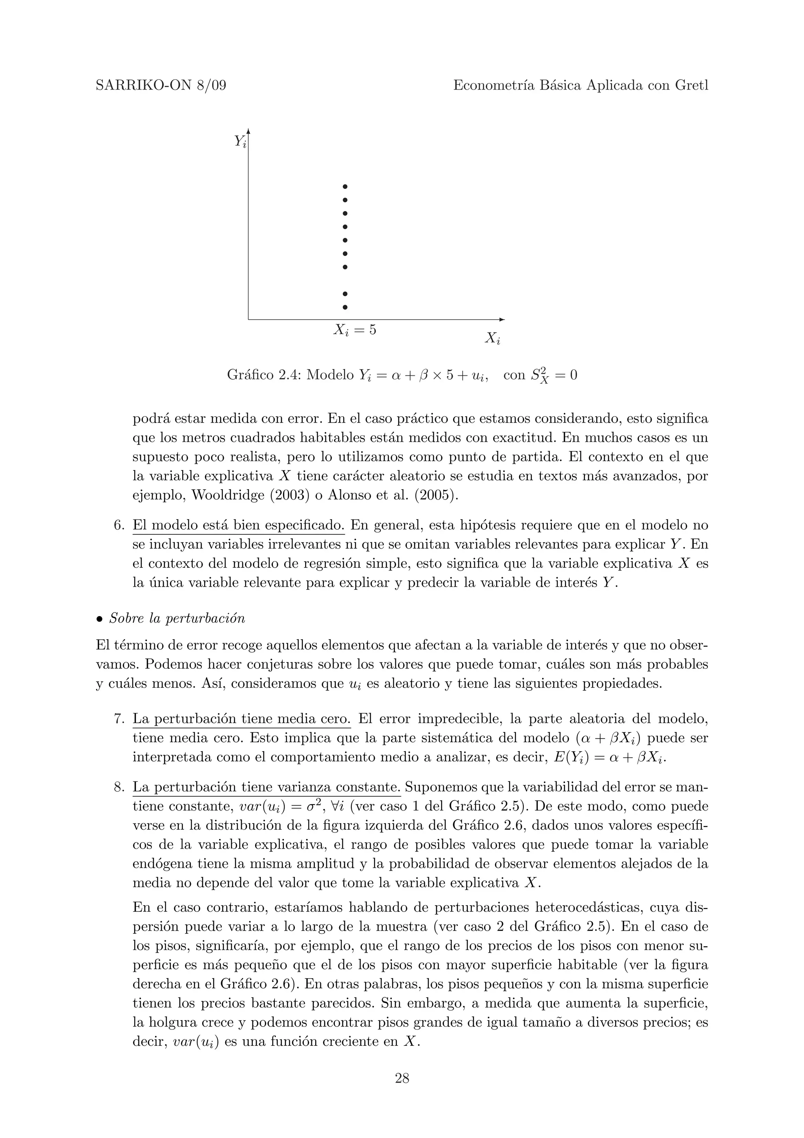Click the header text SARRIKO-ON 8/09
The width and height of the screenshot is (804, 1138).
point(161,86)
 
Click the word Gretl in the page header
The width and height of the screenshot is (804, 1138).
point(692,86)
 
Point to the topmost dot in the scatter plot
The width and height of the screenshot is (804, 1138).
point(345,187)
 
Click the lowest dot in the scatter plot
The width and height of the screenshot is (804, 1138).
point(345,307)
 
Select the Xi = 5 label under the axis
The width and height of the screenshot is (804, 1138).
point(354,329)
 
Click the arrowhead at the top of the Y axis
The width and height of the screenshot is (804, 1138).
point(248,131)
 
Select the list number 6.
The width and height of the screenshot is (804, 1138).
point(119,525)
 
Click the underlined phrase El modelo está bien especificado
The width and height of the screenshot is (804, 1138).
point(238,525)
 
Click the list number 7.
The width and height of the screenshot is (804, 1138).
point(119,719)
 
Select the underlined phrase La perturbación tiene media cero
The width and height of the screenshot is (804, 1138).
point(242,719)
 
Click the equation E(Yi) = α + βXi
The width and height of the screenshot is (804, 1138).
point(605,758)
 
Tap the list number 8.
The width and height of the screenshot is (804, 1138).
point(119,787)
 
